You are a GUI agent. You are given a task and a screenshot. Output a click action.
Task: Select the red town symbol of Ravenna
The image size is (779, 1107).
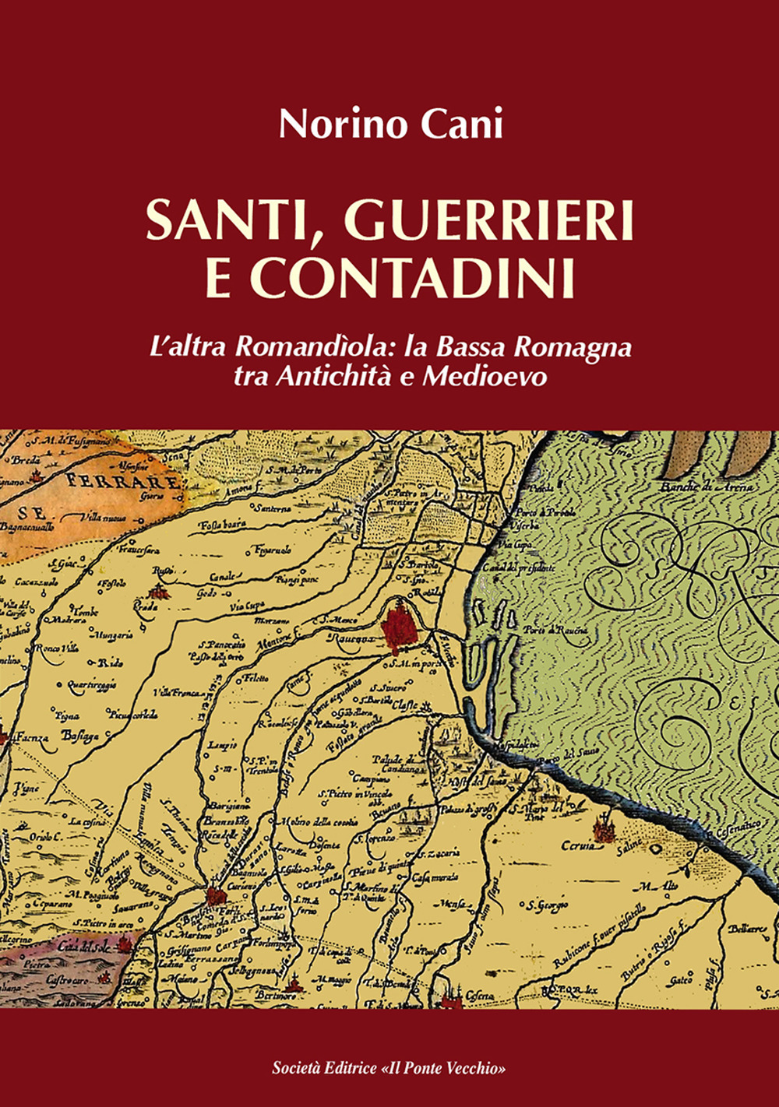pyautogui.click(x=402, y=627)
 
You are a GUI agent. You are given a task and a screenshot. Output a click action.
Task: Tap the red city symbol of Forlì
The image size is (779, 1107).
pyautogui.click(x=216, y=896)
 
